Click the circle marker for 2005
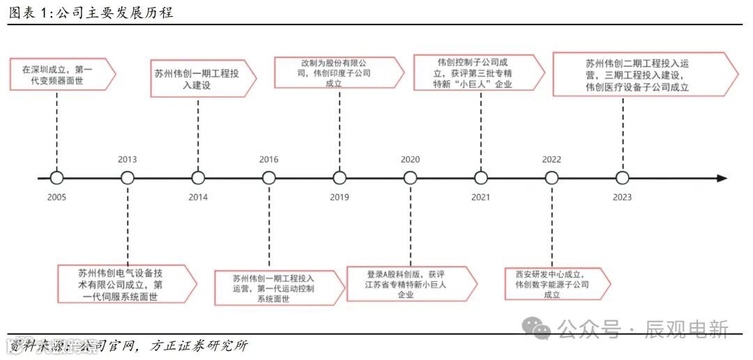click(x=56, y=178)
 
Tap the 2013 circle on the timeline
click(x=127, y=178)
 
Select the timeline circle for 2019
click(x=340, y=178)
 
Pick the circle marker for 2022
click(x=552, y=178)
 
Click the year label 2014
click(x=198, y=197)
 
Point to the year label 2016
click(x=268, y=160)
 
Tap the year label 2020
click(x=410, y=160)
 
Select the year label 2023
click(x=622, y=197)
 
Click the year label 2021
click(x=480, y=197)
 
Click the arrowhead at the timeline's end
click(x=722, y=178)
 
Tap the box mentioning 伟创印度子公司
click(x=338, y=73)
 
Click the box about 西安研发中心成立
click(x=556, y=284)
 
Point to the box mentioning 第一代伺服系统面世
click(x=125, y=284)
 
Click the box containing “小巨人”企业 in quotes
click(x=478, y=73)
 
